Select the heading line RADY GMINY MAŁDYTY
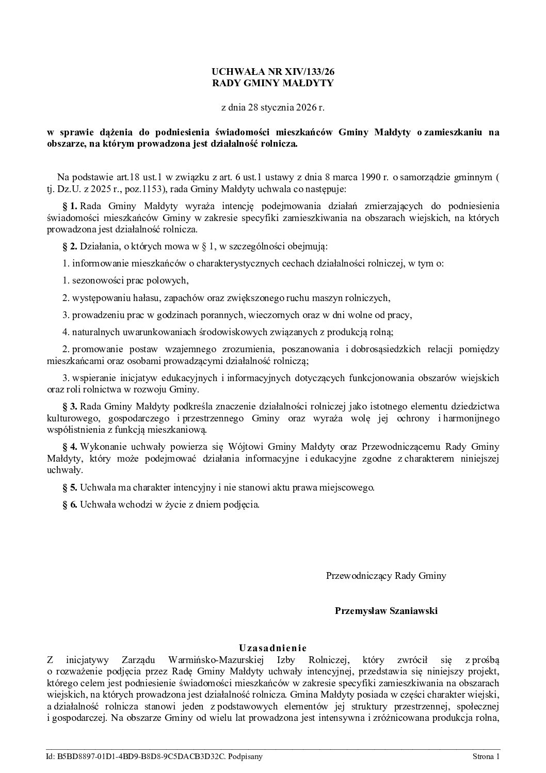273,83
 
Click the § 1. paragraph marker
70,206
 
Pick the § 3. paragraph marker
70,406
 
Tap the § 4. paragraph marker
70,447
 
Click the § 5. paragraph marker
70,487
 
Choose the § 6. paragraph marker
70,504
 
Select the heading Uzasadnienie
273,648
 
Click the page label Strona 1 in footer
486,757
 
